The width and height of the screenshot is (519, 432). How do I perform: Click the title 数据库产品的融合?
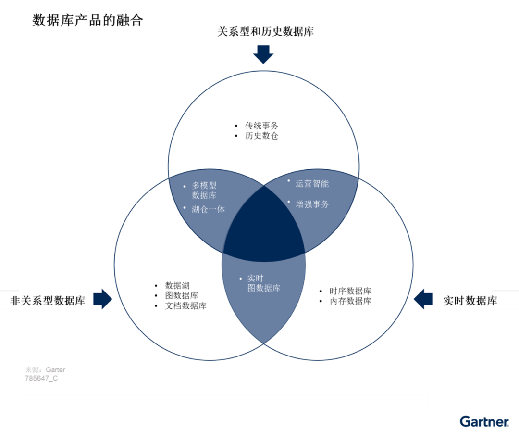[x=87, y=21]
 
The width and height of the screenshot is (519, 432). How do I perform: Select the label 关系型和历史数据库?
[x=265, y=32]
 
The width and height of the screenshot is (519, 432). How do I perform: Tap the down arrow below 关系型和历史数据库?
[x=263, y=54]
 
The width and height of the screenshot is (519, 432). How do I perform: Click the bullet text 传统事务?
[x=261, y=126]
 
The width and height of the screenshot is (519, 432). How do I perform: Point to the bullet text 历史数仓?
[x=261, y=136]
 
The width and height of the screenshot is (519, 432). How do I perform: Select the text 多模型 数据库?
[x=204, y=191]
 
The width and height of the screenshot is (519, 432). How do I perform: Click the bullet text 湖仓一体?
[x=208, y=209]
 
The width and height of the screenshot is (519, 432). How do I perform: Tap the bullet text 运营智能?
[x=312, y=184]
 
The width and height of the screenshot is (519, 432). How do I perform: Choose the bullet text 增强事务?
[x=312, y=204]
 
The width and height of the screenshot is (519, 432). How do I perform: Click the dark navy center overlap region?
[x=263, y=226]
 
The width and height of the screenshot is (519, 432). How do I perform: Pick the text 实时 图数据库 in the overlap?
[x=263, y=283]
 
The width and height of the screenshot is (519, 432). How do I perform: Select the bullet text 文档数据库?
[x=185, y=305]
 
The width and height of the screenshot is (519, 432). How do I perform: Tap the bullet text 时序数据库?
[x=350, y=291]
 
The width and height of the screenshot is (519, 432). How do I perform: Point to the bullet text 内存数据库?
[x=350, y=301]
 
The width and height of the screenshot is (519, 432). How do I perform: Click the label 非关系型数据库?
[x=48, y=301]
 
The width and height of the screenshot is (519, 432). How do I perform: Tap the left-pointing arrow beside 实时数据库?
[x=423, y=299]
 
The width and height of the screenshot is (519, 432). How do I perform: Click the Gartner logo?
[x=483, y=421]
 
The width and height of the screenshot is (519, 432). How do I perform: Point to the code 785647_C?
[x=41, y=378]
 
